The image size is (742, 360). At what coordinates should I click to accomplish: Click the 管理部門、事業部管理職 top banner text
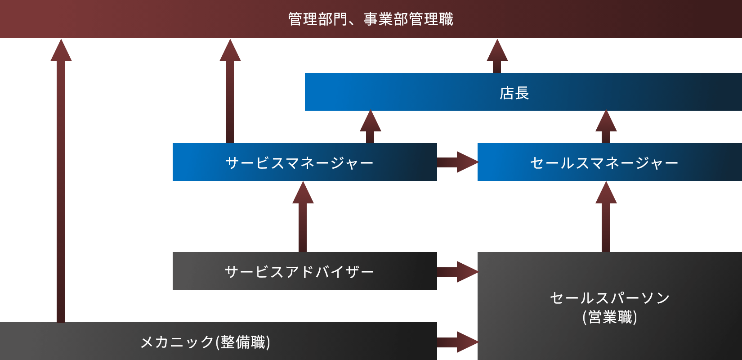pos(371,19)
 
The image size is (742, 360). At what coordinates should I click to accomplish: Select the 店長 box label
pos(514,93)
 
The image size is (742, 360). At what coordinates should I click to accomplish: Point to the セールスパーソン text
pos(610,298)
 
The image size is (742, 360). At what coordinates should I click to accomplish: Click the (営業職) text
pos(610,317)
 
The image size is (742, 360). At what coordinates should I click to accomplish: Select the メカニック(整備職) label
pos(206,342)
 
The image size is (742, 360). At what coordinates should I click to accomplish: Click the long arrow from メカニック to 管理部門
pos(61,180)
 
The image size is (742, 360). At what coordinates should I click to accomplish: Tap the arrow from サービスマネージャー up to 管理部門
pos(230,90)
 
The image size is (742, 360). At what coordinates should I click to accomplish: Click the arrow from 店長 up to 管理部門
pos(497,56)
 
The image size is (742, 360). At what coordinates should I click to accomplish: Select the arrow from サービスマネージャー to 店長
pos(370,127)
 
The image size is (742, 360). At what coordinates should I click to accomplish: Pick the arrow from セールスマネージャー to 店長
pos(606,127)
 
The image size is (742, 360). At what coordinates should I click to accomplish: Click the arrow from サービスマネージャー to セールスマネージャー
pos(457,162)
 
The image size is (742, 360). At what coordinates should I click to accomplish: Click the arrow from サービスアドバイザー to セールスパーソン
pos(457,272)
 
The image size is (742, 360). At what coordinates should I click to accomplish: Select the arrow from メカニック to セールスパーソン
pos(457,342)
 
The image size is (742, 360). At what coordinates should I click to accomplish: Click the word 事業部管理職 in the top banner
pos(408,19)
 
